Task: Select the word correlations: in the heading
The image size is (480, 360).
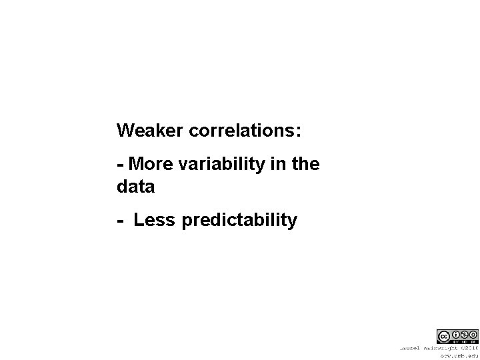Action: tap(245, 131)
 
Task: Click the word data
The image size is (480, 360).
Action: tap(135, 187)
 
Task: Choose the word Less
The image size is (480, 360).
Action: tap(153, 220)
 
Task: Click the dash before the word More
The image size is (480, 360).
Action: tap(120, 165)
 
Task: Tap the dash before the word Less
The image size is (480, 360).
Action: tap(120, 221)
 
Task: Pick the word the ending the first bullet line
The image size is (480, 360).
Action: tap(306, 163)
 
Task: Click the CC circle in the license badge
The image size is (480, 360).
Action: tap(443, 336)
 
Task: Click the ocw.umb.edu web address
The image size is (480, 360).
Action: tap(460, 356)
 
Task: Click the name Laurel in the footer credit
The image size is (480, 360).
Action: tap(411, 347)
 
